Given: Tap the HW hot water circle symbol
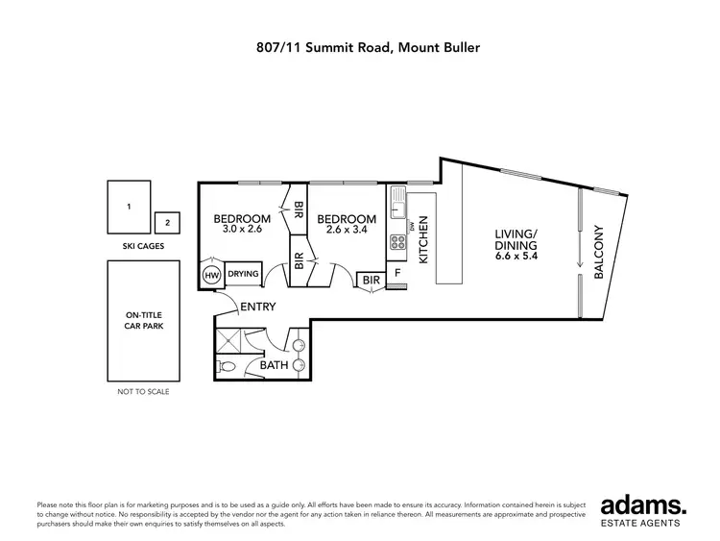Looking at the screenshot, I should (212, 276).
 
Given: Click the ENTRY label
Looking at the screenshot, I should (257, 307).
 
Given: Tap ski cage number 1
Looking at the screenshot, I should (129, 207).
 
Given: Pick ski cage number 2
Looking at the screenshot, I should (167, 223).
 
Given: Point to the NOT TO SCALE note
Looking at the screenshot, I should (141, 392).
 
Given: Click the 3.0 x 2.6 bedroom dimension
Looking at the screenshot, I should (241, 230).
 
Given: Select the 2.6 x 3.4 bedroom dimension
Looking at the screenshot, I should (346, 230).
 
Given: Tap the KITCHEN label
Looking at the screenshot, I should (422, 240).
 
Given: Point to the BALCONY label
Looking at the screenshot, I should (598, 253).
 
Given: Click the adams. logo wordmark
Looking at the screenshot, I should (642, 504).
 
